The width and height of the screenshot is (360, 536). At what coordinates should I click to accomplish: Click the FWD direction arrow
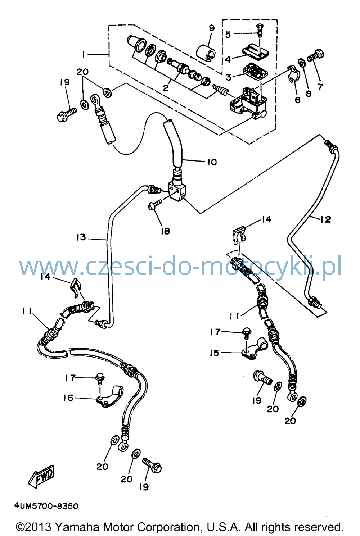[x=41, y=476]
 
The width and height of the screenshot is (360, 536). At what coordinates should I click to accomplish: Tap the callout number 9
[x=212, y=28]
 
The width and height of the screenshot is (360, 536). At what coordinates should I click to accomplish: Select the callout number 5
[x=228, y=35]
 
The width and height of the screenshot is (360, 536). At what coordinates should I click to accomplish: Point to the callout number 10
[x=212, y=162]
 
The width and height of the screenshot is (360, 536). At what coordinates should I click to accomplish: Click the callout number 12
[x=325, y=219]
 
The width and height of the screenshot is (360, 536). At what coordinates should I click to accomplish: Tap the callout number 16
[x=68, y=398]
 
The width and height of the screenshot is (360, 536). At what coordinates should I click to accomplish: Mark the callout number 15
[x=214, y=353]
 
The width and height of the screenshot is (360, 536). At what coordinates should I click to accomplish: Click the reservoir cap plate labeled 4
[x=256, y=51]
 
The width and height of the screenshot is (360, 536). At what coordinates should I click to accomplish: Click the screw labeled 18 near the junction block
[x=155, y=205]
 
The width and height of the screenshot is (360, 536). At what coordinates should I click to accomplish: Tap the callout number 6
[x=297, y=100]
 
